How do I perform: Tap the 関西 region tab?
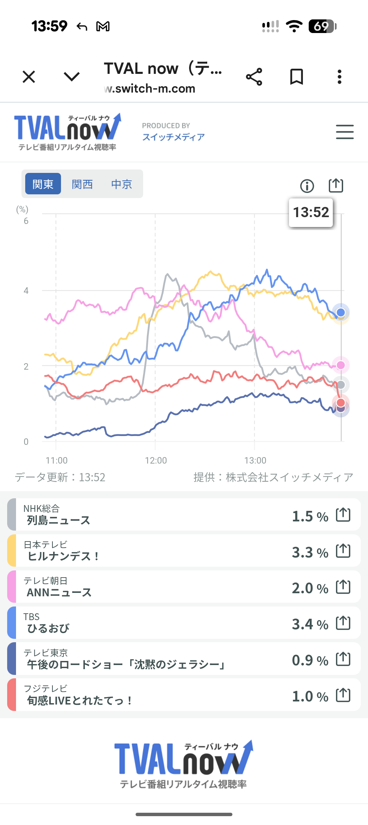pyautogui.click(x=82, y=184)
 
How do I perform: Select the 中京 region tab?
pyautogui.click(x=121, y=184)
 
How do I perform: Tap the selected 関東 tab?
pyautogui.click(x=43, y=184)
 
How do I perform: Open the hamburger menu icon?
pyautogui.click(x=344, y=132)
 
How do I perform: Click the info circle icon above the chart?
pyautogui.click(x=307, y=186)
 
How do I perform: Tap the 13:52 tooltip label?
pyautogui.click(x=311, y=212)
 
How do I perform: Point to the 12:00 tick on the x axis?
pyautogui.click(x=156, y=460)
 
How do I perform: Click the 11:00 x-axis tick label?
pyautogui.click(x=57, y=460)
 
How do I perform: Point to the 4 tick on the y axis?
pyautogui.click(x=26, y=291)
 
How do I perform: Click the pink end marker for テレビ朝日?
pyautogui.click(x=340, y=365)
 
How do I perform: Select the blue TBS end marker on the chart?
pyautogui.click(x=340, y=312)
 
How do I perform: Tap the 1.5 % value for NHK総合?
pyautogui.click(x=310, y=516)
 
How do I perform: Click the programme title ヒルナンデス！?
pyautogui.click(x=63, y=556)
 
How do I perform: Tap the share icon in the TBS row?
pyautogui.click(x=343, y=623)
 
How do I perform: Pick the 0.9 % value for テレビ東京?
pyautogui.click(x=310, y=660)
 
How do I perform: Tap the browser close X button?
pyautogui.click(x=29, y=77)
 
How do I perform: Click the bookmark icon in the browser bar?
pyautogui.click(x=296, y=77)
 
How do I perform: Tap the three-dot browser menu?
pyautogui.click(x=339, y=77)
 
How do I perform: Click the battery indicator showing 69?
pyautogui.click(x=322, y=26)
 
